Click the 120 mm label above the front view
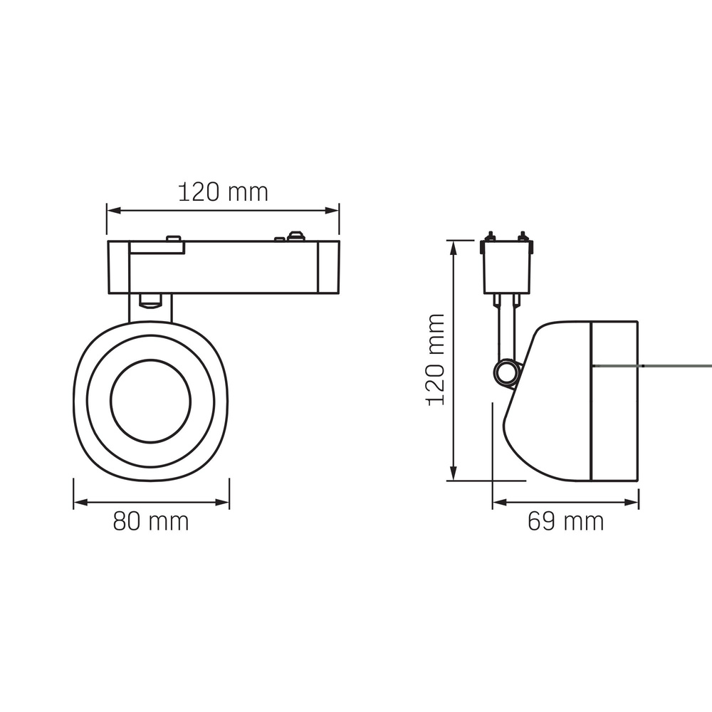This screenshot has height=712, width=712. (x=223, y=192)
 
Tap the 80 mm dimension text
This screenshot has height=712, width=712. (x=151, y=522)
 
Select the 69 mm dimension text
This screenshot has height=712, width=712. (x=565, y=522)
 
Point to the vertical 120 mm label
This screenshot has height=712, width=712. (x=436, y=360)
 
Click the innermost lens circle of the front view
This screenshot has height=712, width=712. (x=151, y=401)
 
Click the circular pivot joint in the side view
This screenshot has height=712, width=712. (x=507, y=372)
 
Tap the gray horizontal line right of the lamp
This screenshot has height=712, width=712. (x=676, y=365)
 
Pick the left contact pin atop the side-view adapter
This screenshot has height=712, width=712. (x=490, y=236)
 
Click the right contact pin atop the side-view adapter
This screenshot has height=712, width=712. (x=523, y=236)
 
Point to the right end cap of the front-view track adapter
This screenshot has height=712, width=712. (x=329, y=267)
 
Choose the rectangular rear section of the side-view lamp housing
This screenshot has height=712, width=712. (x=614, y=401)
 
